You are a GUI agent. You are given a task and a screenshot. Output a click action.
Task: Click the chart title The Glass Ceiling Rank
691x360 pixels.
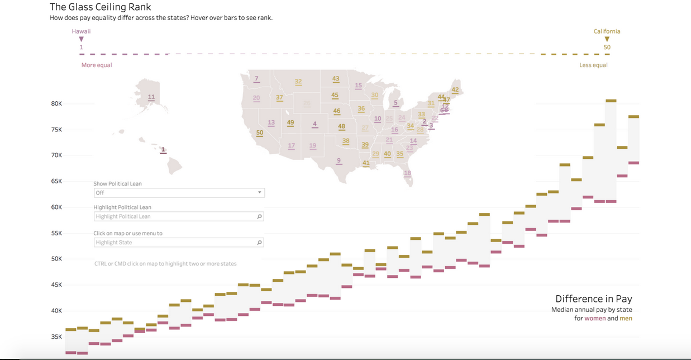pyautogui.click(x=101, y=7)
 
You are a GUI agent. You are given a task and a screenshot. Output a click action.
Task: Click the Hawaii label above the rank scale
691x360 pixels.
pyautogui.click(x=81, y=31)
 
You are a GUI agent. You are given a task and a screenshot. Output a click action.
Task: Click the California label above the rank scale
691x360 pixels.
pyautogui.click(x=607, y=31)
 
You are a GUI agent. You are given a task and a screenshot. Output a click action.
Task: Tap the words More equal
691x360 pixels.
pyautogui.click(x=97, y=65)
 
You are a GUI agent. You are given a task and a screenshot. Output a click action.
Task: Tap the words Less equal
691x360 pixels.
pyautogui.click(x=593, y=65)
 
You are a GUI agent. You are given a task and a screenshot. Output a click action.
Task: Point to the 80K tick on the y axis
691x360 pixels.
pyautogui.click(x=56, y=103)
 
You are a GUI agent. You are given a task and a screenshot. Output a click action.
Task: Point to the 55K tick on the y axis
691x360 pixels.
pyautogui.click(x=56, y=233)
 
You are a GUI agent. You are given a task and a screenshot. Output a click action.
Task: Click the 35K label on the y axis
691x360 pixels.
pyautogui.click(x=56, y=337)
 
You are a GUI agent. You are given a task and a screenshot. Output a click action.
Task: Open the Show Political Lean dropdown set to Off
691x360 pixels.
pyautogui.click(x=179, y=193)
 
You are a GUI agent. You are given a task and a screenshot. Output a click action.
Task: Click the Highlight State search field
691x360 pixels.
pyautogui.click(x=179, y=243)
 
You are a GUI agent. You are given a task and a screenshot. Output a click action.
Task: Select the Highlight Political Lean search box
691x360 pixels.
pyautogui.click(x=179, y=216)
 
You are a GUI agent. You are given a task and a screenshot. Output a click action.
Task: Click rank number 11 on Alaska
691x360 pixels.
pyautogui.click(x=151, y=97)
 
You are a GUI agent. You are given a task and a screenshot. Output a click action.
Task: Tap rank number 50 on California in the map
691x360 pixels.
pyautogui.click(x=260, y=133)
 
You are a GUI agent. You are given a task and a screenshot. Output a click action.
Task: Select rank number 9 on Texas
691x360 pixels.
pyautogui.click(x=339, y=161)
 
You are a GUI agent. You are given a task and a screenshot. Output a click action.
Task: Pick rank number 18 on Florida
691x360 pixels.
pyautogui.click(x=407, y=173)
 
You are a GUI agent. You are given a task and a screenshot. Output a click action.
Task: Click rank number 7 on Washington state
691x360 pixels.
pyautogui.click(x=256, y=79)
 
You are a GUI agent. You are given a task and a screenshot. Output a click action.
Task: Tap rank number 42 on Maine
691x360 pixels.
pyautogui.click(x=455, y=90)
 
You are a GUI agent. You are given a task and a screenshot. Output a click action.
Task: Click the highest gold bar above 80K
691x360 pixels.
pyautogui.click(x=611, y=101)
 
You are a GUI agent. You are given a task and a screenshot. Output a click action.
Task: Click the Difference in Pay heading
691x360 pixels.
pyautogui.click(x=593, y=299)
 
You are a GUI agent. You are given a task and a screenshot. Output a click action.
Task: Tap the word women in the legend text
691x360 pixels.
pyautogui.click(x=595, y=319)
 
